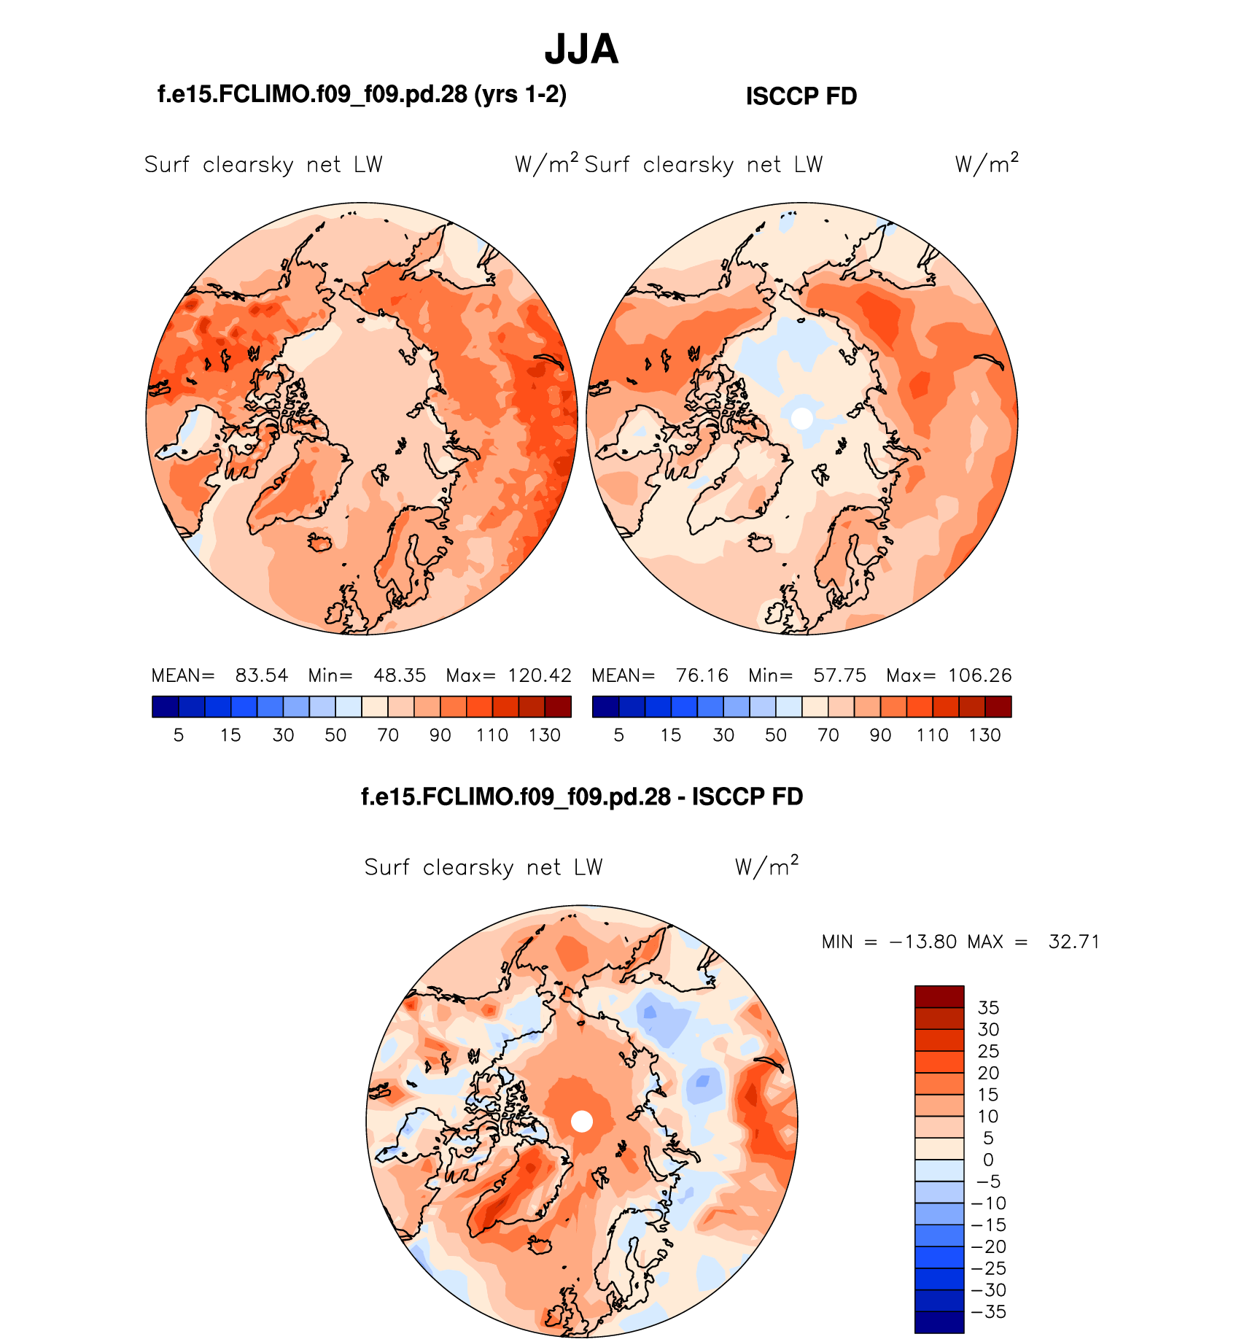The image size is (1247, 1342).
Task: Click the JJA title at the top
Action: [x=581, y=50]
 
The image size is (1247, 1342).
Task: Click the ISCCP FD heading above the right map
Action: [x=801, y=96]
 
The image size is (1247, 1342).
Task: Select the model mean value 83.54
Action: [x=261, y=675]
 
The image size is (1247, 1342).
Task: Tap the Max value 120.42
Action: [x=539, y=675]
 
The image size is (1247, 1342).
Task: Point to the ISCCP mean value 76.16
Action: [x=702, y=675]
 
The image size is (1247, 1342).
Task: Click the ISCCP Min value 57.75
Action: [x=839, y=675]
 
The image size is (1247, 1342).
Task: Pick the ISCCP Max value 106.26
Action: [x=979, y=675]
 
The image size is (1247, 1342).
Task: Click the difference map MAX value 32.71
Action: [x=1073, y=942]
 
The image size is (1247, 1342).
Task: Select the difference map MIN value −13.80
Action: [x=922, y=942]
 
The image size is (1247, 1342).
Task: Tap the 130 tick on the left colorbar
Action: [x=545, y=735]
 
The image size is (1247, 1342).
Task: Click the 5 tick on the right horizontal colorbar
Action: [x=618, y=735]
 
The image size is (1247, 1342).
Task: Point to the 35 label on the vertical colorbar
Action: [x=988, y=1008]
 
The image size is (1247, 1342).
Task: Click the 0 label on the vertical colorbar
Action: [x=988, y=1160]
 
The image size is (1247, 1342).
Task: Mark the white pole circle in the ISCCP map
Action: [x=801, y=418]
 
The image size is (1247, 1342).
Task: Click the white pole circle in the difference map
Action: [x=581, y=1121]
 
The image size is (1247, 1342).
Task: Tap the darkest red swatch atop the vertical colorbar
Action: [x=939, y=996]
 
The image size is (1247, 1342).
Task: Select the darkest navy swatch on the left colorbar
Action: [x=166, y=707]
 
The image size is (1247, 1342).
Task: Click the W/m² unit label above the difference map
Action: [x=766, y=866]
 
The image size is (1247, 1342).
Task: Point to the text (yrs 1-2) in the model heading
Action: [x=520, y=95]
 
